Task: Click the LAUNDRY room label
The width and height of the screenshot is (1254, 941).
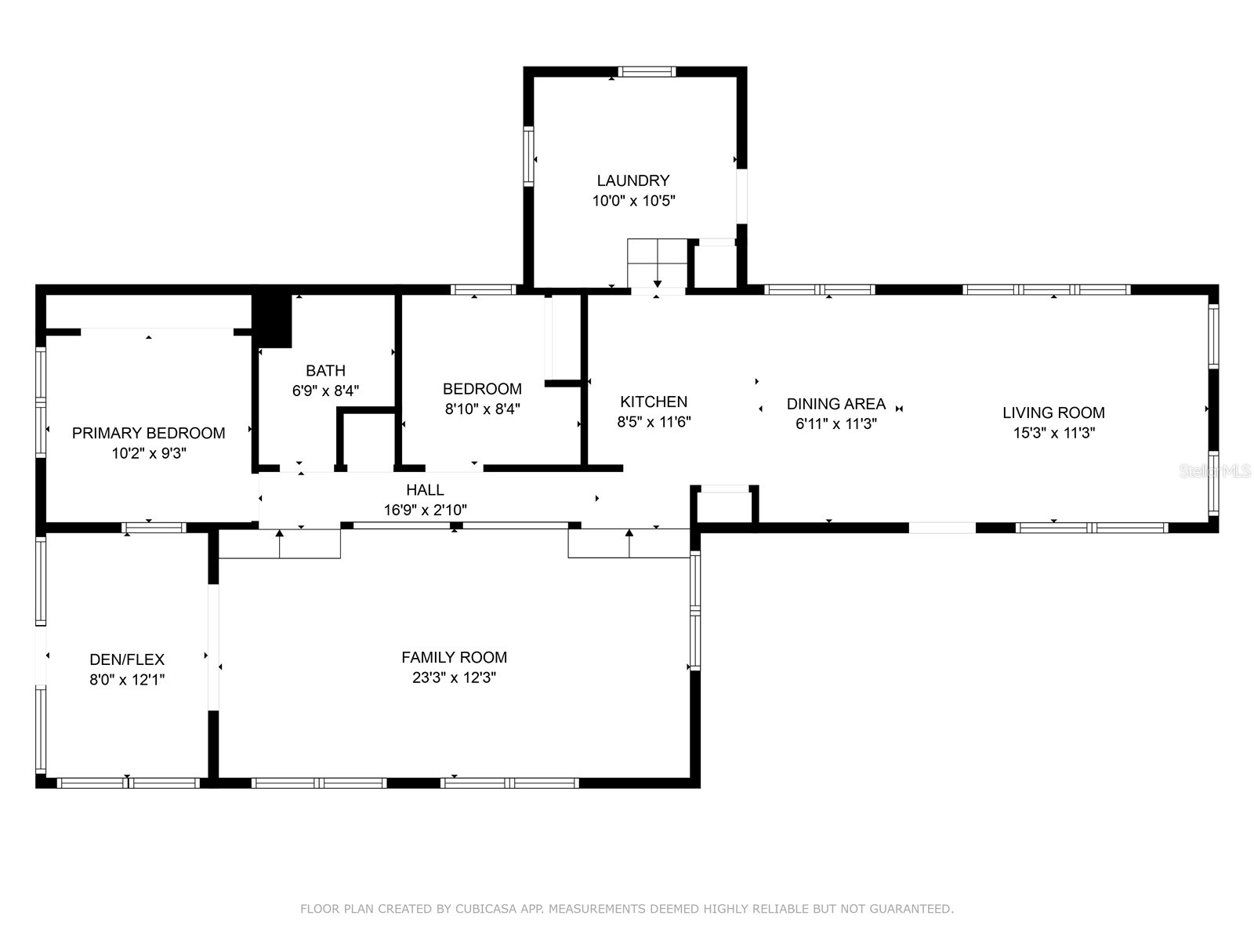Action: (633, 180)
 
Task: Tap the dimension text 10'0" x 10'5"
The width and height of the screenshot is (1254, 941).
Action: (633, 201)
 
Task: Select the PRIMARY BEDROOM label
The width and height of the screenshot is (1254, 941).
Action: (148, 433)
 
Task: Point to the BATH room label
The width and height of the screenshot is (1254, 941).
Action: (325, 370)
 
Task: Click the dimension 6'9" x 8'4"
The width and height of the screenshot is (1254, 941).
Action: (325, 391)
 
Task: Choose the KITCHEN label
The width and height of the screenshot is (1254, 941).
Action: (654, 401)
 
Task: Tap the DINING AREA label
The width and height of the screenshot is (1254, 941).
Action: (835, 404)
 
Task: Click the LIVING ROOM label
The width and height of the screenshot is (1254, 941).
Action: (1053, 412)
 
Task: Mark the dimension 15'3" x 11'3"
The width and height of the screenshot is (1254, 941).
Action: (1053, 433)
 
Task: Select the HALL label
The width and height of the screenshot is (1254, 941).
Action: (425, 489)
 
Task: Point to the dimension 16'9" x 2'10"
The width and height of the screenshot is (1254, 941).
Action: (425, 510)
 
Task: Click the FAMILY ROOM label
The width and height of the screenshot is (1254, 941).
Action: (454, 657)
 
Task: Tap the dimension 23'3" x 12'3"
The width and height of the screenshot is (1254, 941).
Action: (454, 678)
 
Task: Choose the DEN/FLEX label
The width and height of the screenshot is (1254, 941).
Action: (127, 659)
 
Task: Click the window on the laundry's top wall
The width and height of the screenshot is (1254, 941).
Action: (647, 71)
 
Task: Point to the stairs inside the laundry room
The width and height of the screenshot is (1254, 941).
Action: (657, 263)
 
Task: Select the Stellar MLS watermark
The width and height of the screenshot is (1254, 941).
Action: (1216, 471)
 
